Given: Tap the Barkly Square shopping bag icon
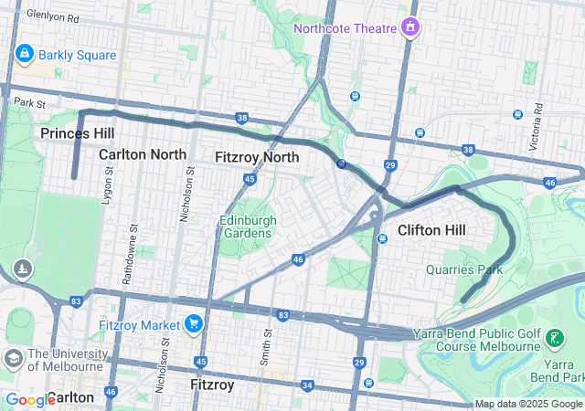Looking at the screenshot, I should point(24,55).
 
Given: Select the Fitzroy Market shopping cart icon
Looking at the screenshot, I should point(193,323).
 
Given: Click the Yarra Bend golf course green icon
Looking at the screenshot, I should point(554,340).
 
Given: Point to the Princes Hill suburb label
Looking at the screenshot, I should point(78,134).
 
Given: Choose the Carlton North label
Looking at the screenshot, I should point(143,154).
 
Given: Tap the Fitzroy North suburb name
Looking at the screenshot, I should point(257,157).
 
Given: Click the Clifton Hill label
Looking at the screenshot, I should point(432,230).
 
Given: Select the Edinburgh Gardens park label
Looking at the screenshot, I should point(245,227).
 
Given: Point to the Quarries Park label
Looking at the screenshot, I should point(464,269).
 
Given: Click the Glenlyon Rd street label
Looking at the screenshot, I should point(53,16).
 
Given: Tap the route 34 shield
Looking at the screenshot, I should point(307,385).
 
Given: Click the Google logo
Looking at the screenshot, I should point(30,399).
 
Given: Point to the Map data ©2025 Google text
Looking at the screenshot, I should point(528,404).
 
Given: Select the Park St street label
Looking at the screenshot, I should point(29,103).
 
